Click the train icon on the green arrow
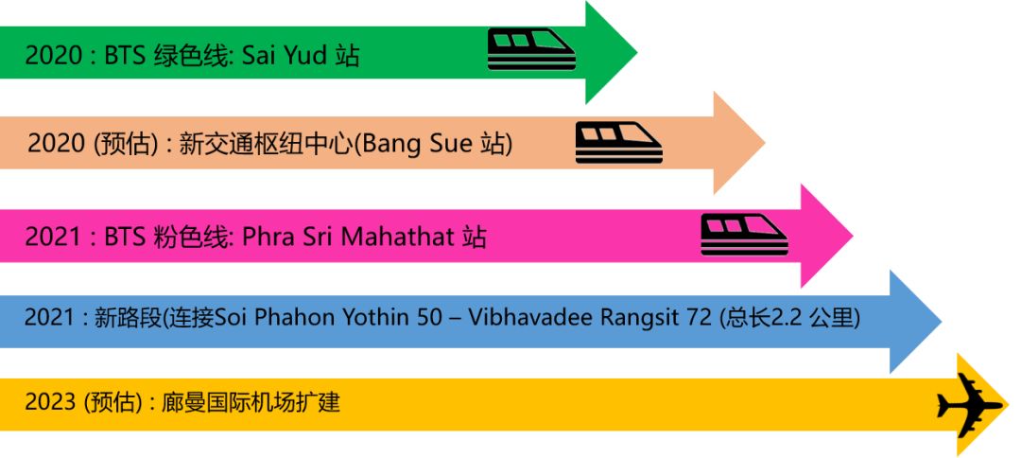pos(531,48)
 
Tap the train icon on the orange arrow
pos(619,143)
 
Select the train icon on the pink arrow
pos(743,234)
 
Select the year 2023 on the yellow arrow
pos(51,403)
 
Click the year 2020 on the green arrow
pos(54,56)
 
